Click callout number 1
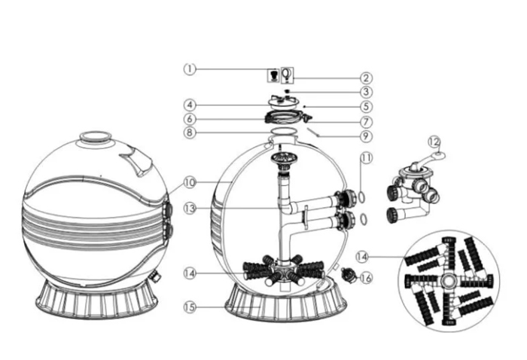pos(190,69)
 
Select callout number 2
pos(366,78)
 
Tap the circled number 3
pos(366,92)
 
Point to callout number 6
pos(190,119)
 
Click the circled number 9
pos(366,136)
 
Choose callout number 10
pos(190,182)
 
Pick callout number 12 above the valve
pos(434,142)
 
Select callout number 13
pos(190,209)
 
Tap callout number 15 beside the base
pos(190,307)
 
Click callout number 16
pos(366,278)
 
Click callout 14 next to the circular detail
pos(362,257)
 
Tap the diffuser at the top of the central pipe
pos(281,159)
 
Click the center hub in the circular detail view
pos(449,281)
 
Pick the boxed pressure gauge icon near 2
pos(287,75)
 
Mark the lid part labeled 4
pos(282,102)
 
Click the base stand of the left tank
pos(96,301)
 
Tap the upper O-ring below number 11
pos(361,197)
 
